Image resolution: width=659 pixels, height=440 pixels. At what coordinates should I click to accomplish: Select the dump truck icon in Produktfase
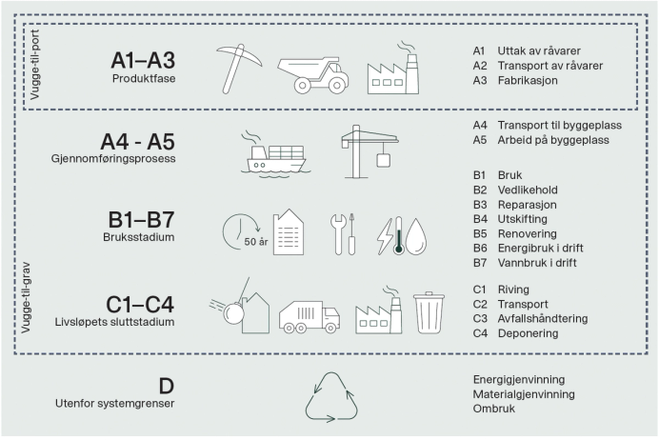tap(312, 69)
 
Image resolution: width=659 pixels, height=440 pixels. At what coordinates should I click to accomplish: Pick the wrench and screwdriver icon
tap(343, 232)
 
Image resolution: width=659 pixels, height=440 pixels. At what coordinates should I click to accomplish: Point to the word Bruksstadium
tap(144, 237)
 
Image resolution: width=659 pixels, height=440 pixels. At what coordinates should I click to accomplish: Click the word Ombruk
tap(493, 408)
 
